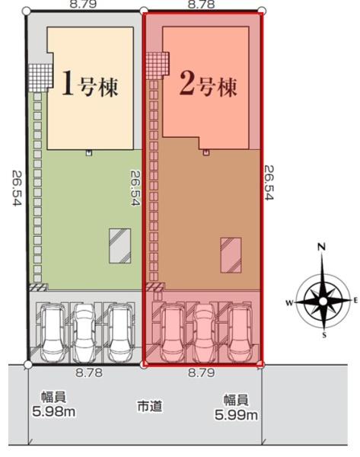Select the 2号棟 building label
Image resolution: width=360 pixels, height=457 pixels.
[209, 84]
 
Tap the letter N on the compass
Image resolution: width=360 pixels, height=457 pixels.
[321, 247]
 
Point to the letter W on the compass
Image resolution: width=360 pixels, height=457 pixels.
[289, 303]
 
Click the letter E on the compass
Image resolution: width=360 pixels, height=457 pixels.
[355, 301]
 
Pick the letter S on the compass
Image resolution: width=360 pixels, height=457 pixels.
[324, 335]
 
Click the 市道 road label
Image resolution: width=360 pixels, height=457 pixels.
[150, 406]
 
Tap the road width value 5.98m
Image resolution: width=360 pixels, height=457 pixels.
[54, 412]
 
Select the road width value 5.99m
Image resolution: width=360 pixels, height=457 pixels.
[236, 415]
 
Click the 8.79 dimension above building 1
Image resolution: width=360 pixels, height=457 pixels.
[83, 4]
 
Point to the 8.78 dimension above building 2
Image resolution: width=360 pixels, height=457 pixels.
[201, 4]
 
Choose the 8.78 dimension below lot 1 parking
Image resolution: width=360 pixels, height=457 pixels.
[89, 372]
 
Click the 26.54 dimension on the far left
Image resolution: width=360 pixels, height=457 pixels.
[17, 188]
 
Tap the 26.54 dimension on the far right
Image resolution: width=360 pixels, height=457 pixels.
[269, 183]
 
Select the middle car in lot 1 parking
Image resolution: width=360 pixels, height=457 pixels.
[83, 333]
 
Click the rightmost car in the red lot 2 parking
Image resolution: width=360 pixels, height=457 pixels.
[240, 333]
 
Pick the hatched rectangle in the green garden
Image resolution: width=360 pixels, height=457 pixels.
[119, 246]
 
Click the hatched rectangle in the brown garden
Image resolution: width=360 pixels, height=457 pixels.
[231, 255]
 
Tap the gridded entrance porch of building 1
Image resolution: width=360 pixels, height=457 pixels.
[40, 78]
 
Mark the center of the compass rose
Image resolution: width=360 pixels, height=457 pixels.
[323, 302]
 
